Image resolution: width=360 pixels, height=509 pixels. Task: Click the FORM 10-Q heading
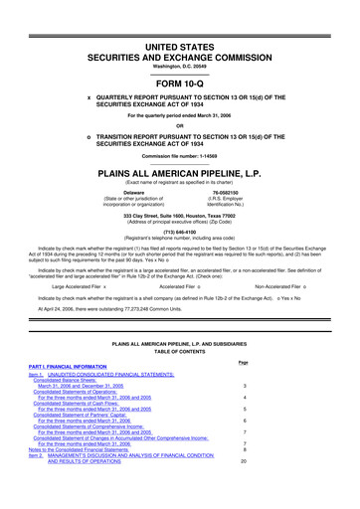pos(179,84)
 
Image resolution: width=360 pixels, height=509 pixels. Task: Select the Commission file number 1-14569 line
pos(179,155)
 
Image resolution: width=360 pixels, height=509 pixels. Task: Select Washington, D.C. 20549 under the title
pos(179,52)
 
